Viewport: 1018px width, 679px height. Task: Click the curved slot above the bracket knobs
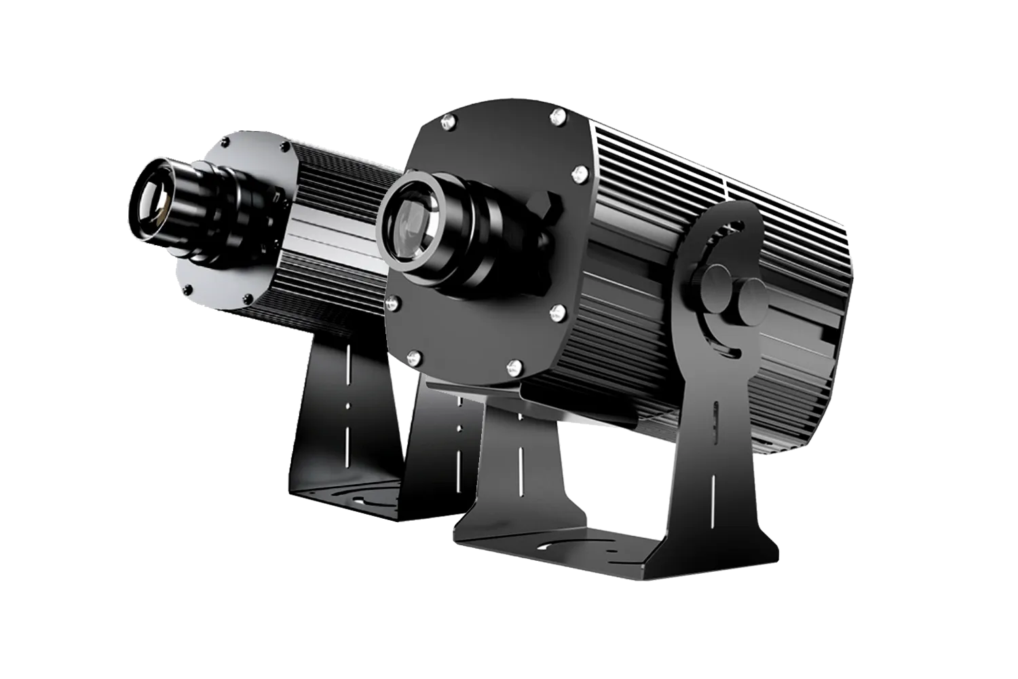pyautogui.click(x=720, y=238)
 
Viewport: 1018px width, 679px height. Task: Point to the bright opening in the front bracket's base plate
pyautogui.click(x=551, y=544)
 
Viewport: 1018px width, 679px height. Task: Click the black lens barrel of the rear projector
pyautogui.click(x=204, y=204)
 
